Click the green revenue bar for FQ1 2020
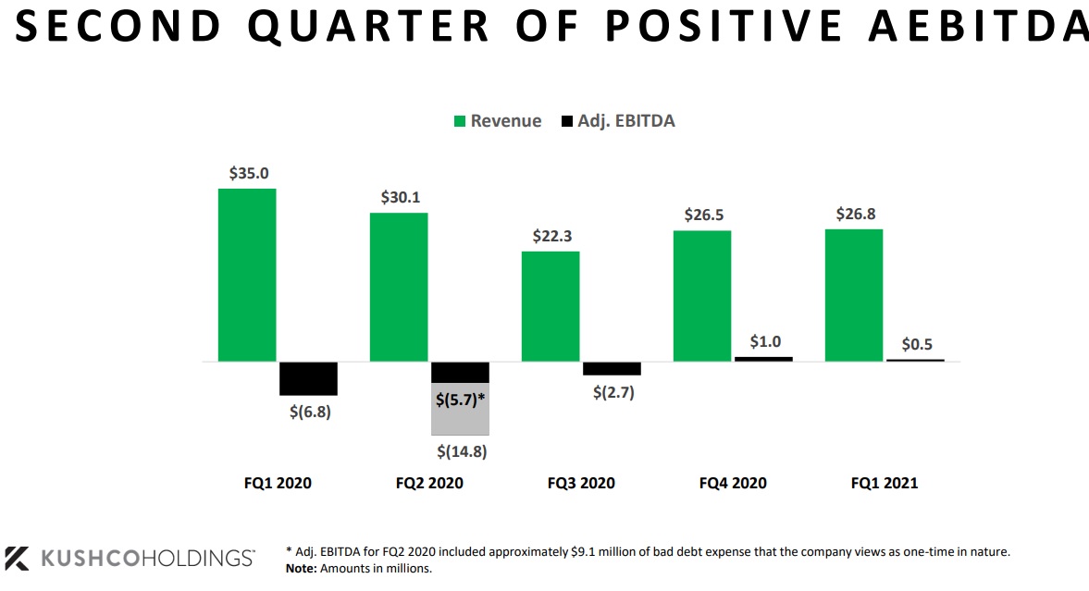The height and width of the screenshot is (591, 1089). click(247, 275)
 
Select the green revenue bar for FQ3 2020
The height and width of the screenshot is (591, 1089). click(551, 306)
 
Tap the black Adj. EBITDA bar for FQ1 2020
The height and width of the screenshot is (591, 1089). click(308, 378)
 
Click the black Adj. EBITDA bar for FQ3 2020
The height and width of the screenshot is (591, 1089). click(612, 368)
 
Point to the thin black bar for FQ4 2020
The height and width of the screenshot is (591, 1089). click(763, 358)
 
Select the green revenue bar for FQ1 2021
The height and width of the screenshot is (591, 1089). click(853, 295)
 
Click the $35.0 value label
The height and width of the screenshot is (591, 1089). click(249, 173)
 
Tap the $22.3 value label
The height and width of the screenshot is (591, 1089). click(552, 236)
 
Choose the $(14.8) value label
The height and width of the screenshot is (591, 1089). click(461, 452)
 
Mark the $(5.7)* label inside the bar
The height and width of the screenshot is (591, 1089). click(461, 400)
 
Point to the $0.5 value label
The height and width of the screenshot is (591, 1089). click(916, 344)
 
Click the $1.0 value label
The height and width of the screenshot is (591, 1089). click(764, 341)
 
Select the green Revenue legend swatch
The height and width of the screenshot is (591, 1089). click(459, 122)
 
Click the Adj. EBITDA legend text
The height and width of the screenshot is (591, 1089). click(626, 121)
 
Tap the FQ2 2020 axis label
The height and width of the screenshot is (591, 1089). click(429, 483)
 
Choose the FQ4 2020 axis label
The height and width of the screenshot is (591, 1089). click(733, 483)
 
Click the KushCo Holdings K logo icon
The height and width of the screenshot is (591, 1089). click(18, 558)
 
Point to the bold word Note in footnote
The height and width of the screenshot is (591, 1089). click(301, 568)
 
